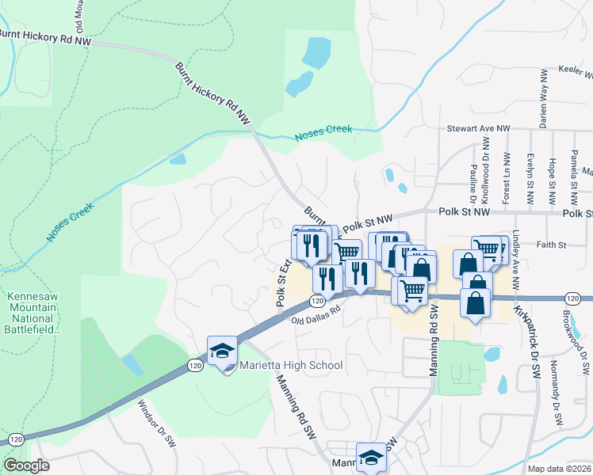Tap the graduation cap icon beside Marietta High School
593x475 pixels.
click(222, 351)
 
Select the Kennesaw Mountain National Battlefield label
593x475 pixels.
click(33, 312)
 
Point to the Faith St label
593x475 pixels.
click(549, 245)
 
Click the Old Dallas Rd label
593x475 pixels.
click(315, 321)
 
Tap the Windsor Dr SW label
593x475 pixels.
click(155, 424)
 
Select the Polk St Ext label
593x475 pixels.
click(281, 286)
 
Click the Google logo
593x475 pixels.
click(26, 465)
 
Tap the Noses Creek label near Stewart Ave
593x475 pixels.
click(323, 135)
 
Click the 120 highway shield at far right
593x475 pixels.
click(572, 298)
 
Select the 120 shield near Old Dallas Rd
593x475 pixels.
click(316, 301)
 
